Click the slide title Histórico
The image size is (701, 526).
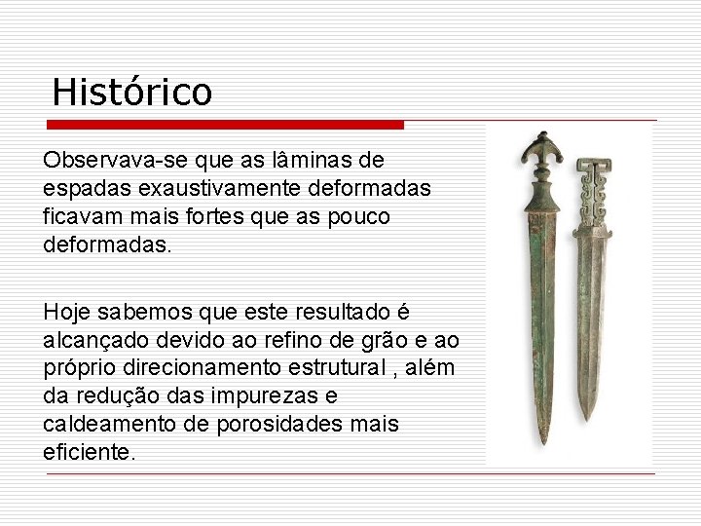131,93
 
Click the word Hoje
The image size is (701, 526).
67,313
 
